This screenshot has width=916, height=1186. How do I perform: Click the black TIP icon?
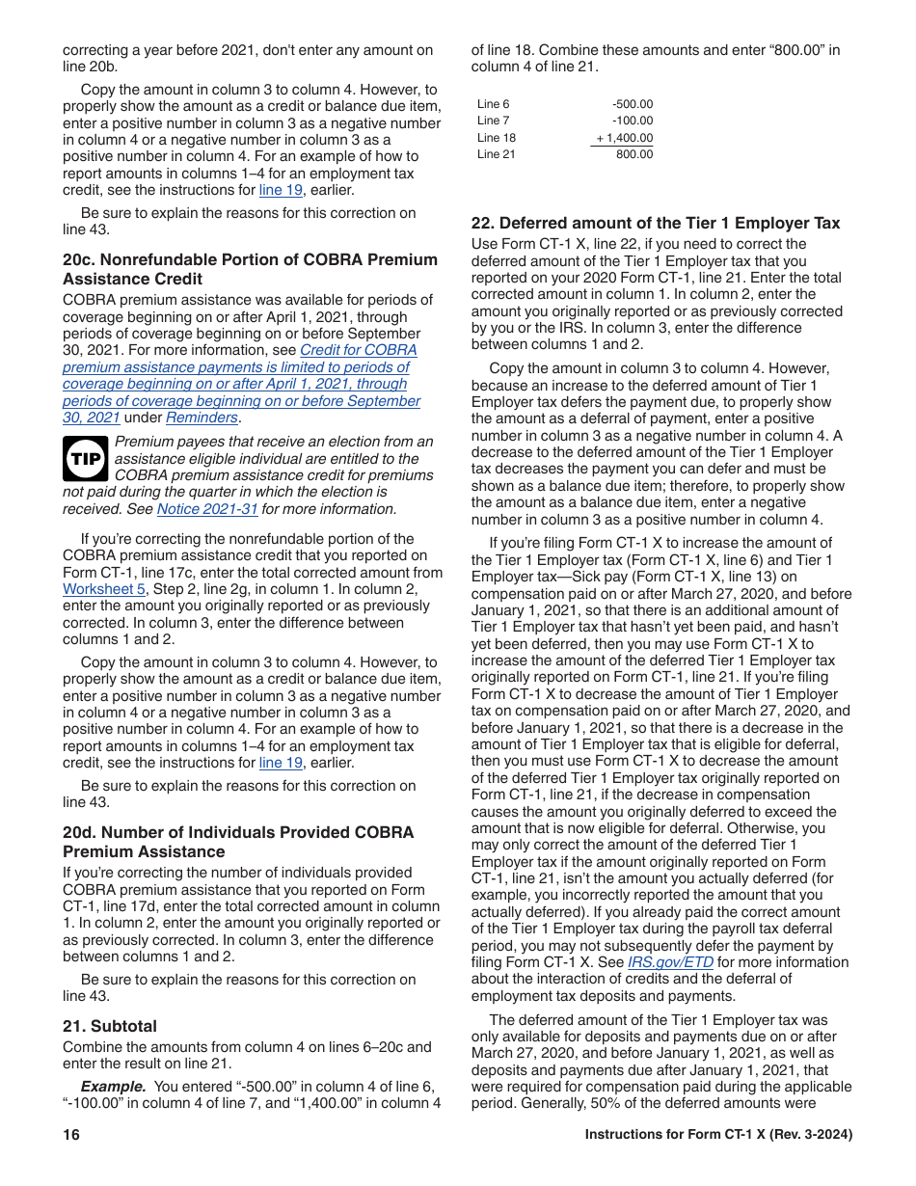85,459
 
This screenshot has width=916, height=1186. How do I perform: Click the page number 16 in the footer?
70,1135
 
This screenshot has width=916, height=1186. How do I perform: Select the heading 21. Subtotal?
110,1026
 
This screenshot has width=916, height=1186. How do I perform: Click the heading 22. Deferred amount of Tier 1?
656,223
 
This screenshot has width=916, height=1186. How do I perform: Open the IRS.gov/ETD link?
670,962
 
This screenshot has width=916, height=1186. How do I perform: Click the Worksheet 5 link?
104,589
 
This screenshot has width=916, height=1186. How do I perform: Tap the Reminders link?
202,418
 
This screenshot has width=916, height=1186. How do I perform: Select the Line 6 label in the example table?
494,104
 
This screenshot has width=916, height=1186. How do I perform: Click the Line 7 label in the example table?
494,121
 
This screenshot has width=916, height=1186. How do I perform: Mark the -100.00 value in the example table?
632,121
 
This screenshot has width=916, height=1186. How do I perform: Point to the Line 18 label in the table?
497,138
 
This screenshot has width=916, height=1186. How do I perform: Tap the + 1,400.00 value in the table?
624,138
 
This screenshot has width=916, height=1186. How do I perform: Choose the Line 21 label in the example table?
497,154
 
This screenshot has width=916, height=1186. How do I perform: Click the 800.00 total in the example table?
634,154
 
